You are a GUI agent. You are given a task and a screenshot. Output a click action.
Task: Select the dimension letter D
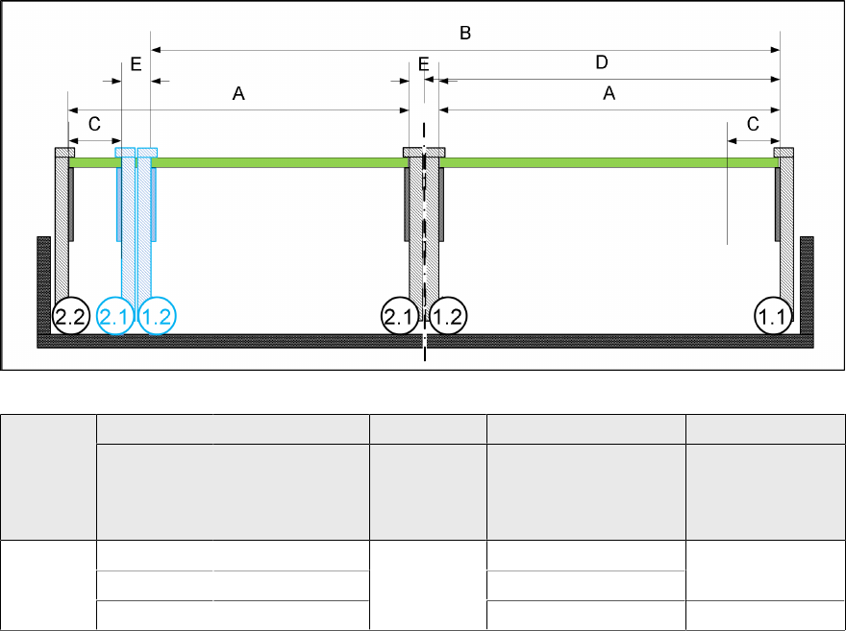602,63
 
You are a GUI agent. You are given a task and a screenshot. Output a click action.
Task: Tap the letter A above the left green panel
239,94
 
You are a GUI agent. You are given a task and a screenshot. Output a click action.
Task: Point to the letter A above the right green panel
609,94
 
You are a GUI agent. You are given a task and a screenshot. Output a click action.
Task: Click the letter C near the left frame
94,124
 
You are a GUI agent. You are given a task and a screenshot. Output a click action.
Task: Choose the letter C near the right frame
753,124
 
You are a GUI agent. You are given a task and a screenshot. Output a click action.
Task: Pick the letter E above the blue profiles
136,64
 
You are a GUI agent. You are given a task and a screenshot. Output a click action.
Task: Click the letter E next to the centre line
424,64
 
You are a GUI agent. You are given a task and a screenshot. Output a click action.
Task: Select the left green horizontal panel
279,163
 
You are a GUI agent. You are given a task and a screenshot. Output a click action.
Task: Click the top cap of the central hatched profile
424,152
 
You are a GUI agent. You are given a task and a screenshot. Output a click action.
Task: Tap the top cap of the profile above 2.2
64,152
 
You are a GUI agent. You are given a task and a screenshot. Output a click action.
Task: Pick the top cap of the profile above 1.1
784,152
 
